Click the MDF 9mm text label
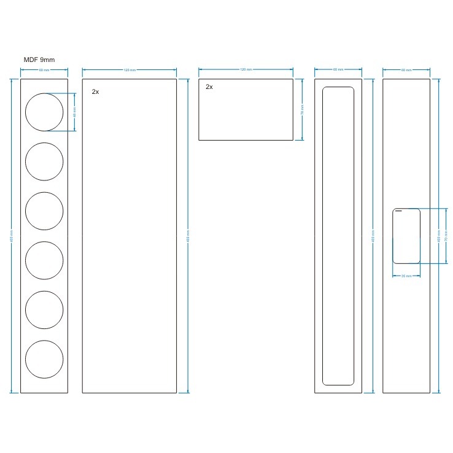pos(39,60)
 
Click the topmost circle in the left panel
pos(44,112)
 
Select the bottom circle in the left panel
pos(44,360)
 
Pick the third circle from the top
pos(44,211)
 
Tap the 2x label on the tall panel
pos(95,91)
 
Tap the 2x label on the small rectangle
pos(209,87)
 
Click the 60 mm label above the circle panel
pos(44,71)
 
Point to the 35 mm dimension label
pos(406,276)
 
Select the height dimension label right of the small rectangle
pos(302,110)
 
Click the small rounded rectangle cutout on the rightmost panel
pos(406,236)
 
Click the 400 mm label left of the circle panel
pos(12,236)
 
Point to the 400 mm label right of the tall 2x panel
pos(187,236)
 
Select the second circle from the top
pos(44,161)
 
